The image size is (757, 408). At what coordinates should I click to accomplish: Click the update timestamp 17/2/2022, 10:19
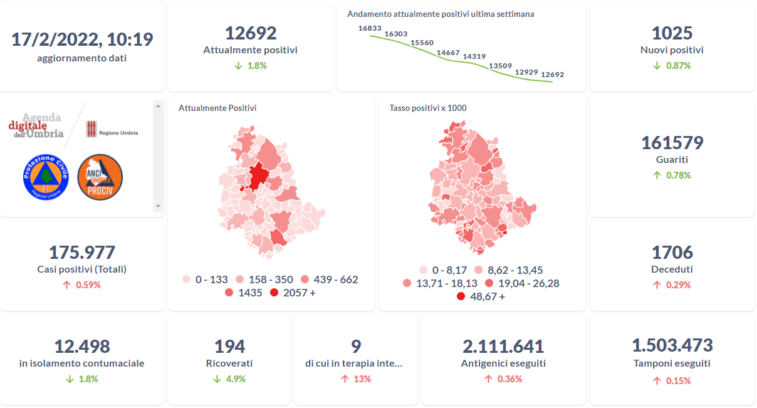pos(82,39)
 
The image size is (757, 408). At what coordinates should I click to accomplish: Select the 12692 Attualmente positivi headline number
pos(251,33)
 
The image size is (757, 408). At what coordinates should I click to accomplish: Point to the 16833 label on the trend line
pos(370,28)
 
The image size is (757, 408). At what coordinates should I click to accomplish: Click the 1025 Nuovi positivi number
pos(672,33)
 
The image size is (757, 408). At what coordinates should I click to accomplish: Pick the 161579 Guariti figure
pos(672,143)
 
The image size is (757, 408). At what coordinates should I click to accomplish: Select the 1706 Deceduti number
pos(672,253)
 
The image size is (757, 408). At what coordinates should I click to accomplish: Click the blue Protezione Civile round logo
pos(44,177)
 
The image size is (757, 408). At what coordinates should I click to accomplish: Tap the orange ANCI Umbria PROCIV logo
pos(100,177)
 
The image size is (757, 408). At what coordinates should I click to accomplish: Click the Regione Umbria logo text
pos(118,133)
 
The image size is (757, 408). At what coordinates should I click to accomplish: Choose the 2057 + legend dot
pos(274,293)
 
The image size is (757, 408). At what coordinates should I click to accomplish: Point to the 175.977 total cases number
pos(82,253)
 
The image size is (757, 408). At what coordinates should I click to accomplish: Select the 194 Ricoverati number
pos(229,346)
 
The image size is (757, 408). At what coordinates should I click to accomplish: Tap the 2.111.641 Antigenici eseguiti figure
pos(503,346)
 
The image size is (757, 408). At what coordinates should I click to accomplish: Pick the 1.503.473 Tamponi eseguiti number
pos(672,345)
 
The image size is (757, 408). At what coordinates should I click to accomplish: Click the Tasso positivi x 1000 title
pos(428,108)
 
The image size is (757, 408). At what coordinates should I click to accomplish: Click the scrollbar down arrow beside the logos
pos(158,206)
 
